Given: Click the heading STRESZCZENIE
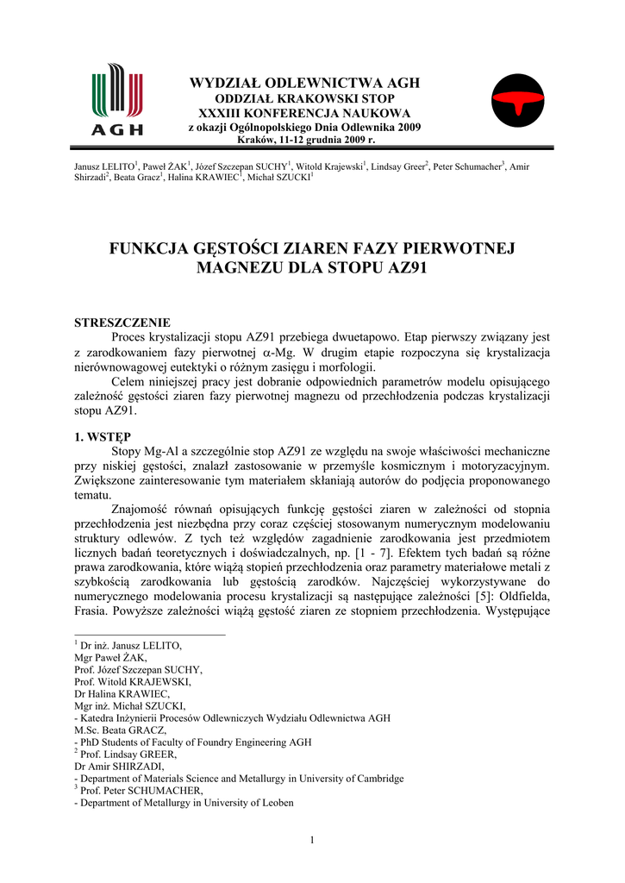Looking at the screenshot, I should click(x=121, y=322).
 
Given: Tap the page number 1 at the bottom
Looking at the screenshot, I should click(x=312, y=841).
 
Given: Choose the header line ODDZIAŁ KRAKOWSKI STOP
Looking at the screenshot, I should click(x=304, y=99).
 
